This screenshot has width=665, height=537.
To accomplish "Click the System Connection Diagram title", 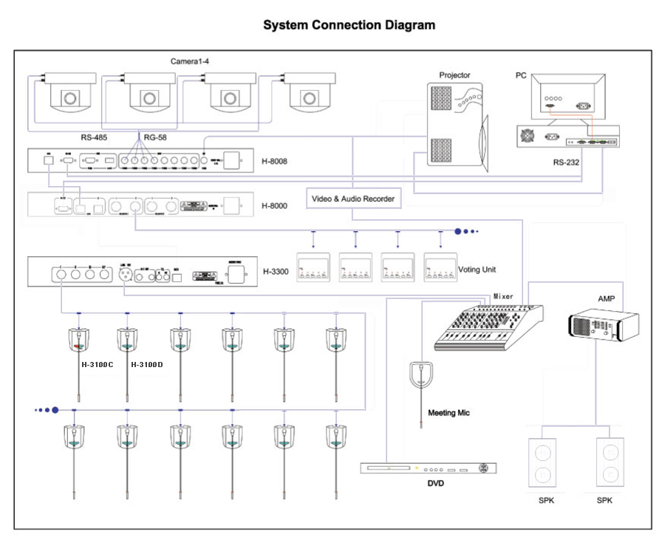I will [349, 25].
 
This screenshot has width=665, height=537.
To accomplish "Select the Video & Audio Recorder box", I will [352, 199].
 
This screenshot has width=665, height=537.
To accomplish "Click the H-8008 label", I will [274, 160].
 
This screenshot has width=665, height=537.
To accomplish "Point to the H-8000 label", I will [274, 205].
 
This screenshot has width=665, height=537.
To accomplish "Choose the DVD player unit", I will [429, 468].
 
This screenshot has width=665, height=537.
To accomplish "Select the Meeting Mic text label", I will [449, 413].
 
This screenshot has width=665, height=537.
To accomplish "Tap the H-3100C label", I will [97, 365].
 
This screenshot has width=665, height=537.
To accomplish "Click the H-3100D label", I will [147, 365].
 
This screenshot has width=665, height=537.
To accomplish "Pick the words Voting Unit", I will [477, 270].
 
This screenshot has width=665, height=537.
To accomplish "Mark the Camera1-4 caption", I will [190, 62].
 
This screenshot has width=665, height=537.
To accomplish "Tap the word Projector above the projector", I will [454, 75].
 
